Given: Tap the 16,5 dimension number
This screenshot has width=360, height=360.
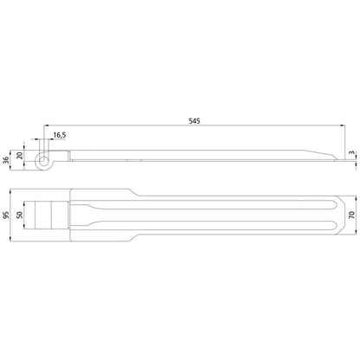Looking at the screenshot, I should [x=59, y=135].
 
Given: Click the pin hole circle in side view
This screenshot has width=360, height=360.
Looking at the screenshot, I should [x=43, y=160].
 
